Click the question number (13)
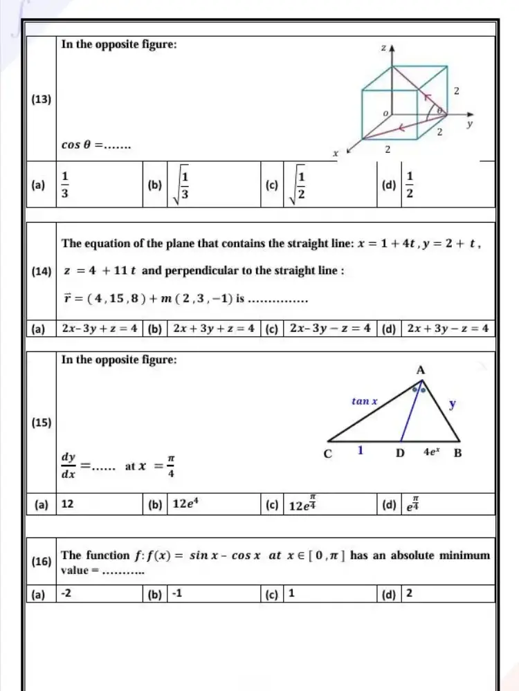42,99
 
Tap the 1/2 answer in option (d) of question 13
410,184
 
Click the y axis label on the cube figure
468,125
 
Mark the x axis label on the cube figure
334,157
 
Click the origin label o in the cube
386,111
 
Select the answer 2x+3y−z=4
448,328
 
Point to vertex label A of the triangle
420,370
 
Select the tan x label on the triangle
365,400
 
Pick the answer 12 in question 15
69,504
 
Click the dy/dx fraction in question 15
69,466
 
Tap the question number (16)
42,562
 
